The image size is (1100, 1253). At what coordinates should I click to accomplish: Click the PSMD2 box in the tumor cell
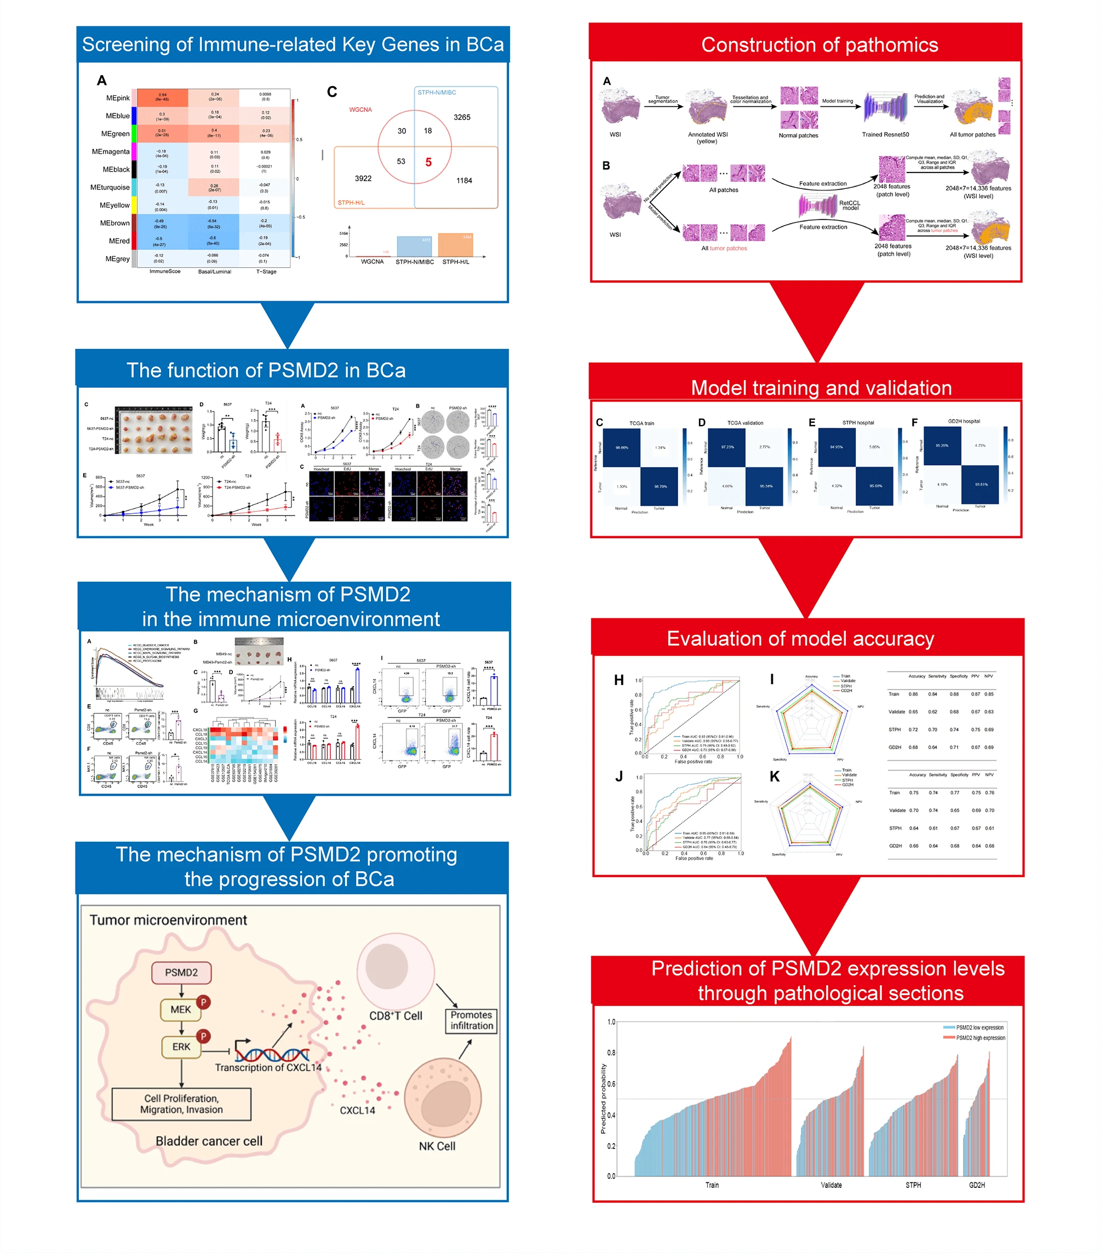click(181, 972)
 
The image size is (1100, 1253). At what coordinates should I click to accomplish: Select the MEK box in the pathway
click(180, 1009)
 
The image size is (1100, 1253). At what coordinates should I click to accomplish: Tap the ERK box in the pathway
click(181, 1047)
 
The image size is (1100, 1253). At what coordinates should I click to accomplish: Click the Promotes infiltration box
click(471, 1020)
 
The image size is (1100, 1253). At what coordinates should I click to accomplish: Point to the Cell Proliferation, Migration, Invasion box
click(181, 1103)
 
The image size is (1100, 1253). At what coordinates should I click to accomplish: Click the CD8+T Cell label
click(396, 1015)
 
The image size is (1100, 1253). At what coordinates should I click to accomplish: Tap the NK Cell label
click(437, 1146)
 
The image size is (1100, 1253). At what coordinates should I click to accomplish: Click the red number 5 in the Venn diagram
click(428, 163)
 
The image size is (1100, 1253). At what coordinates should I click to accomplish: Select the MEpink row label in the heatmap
click(118, 98)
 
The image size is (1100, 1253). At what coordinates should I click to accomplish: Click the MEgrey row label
click(117, 258)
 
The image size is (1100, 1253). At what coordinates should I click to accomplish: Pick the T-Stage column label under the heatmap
click(266, 272)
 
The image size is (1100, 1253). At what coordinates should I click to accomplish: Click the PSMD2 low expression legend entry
click(979, 1027)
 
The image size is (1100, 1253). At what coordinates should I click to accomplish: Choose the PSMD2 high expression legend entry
click(980, 1038)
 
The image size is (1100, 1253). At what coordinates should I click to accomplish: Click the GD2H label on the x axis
click(977, 1185)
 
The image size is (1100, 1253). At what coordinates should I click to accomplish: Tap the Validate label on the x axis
click(831, 1185)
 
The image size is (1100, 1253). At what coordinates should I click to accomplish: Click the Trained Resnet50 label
click(885, 134)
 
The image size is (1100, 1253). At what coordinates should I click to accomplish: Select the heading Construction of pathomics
click(819, 45)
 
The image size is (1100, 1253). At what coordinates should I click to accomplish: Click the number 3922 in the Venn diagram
click(363, 179)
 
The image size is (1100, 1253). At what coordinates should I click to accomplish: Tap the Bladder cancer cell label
click(209, 1141)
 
